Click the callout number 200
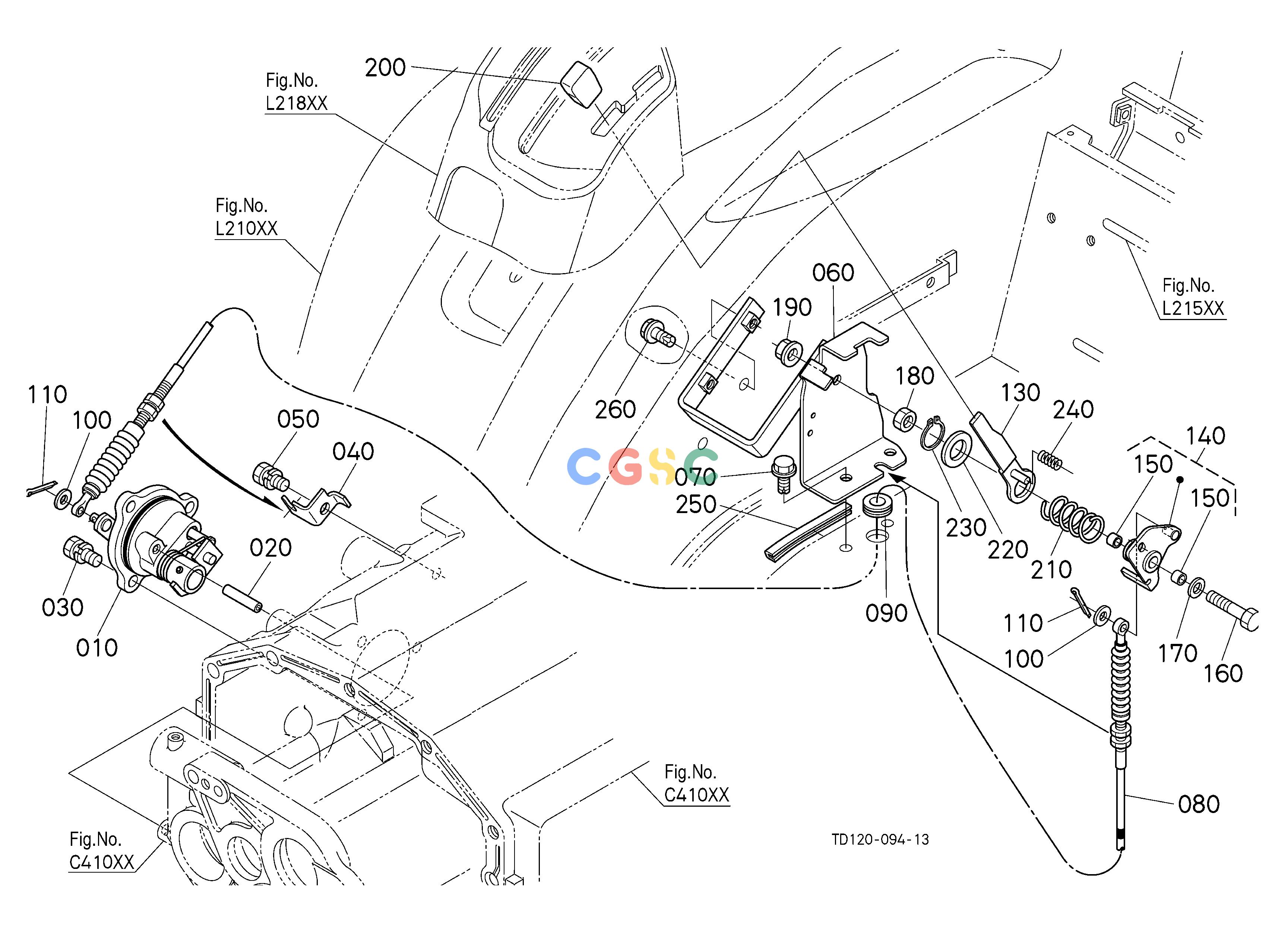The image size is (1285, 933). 385,68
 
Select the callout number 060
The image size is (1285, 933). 833,273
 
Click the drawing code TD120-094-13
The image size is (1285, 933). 880,839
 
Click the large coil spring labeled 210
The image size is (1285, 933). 1074,516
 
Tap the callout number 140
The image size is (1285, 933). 1205,436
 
